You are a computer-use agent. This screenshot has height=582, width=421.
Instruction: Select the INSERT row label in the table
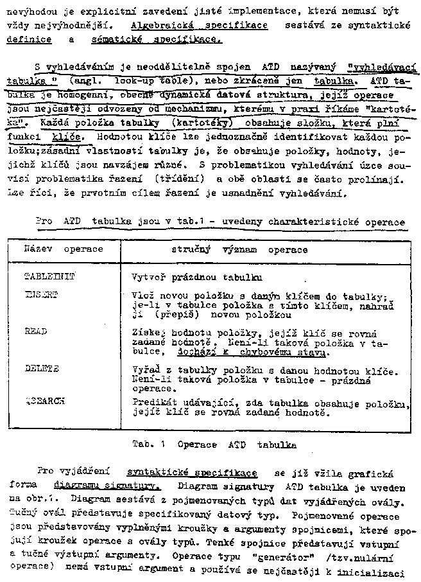41,294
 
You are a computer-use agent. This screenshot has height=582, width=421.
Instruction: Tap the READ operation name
36,331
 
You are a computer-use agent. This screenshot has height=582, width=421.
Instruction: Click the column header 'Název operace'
64,248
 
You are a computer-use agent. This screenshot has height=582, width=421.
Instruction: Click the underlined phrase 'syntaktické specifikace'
193,473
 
